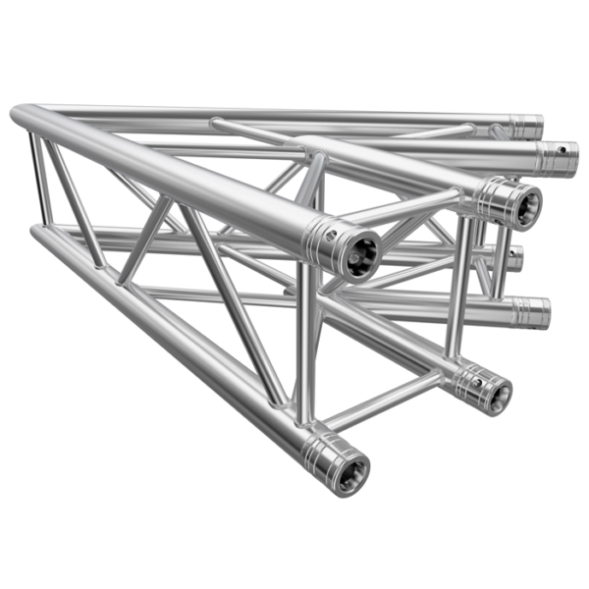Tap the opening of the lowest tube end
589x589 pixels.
(x=349, y=470)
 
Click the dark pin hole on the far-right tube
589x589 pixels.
(x=562, y=150)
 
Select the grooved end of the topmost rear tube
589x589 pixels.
(x=527, y=127)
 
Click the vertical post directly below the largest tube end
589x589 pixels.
(x=309, y=344)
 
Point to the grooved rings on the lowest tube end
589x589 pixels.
(x=322, y=454)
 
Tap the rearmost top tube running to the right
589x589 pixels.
(x=294, y=116)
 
